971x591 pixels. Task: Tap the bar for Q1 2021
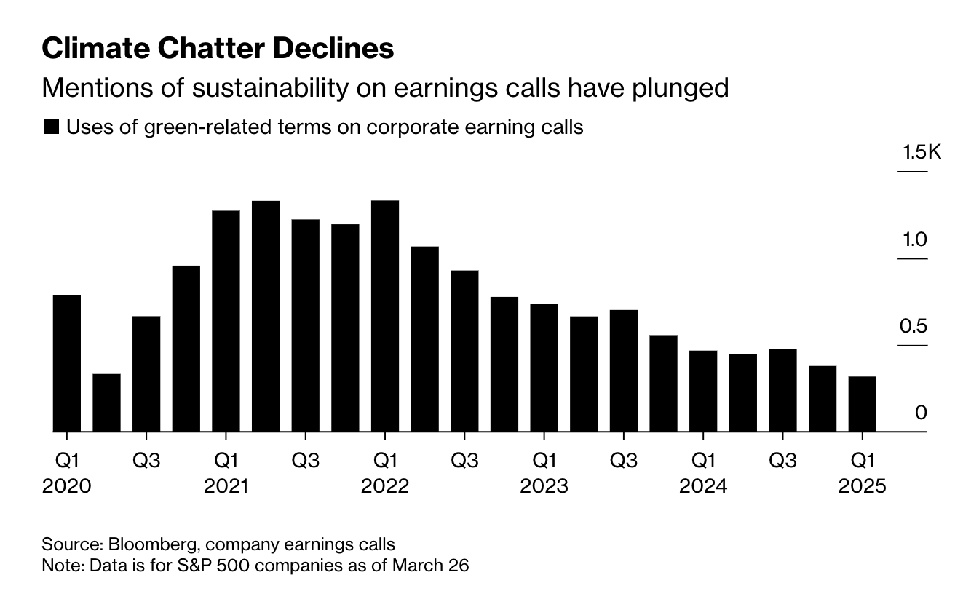pyautogui.click(x=226, y=320)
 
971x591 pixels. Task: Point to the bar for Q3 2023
pyautogui.click(x=624, y=370)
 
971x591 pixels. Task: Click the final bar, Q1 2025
pyautogui.click(x=863, y=404)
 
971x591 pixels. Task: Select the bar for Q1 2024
pyautogui.click(x=703, y=391)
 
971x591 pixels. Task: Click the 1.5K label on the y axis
pyautogui.click(x=921, y=153)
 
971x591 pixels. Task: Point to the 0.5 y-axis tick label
pyautogui.click(x=913, y=326)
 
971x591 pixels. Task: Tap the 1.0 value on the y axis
pyautogui.click(x=913, y=239)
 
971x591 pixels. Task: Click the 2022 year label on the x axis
pyautogui.click(x=385, y=486)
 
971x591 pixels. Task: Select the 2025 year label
pyautogui.click(x=863, y=486)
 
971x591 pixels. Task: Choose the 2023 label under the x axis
pyautogui.click(x=544, y=486)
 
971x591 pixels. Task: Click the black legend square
pyautogui.click(x=51, y=127)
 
